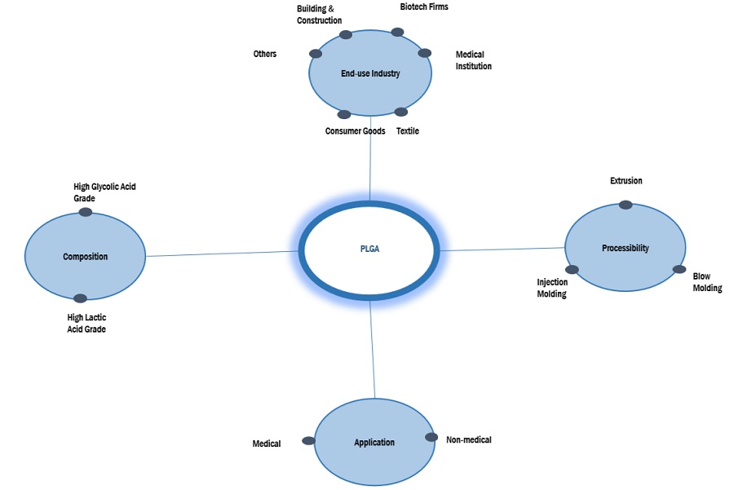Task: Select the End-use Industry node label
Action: [x=370, y=73]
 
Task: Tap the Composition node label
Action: [x=86, y=257]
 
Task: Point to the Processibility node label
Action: [x=626, y=248]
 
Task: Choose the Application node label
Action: [x=374, y=443]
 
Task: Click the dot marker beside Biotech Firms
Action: [x=397, y=33]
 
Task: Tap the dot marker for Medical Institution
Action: [x=424, y=53]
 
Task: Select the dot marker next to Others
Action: [x=316, y=54]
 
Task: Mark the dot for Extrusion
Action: [x=625, y=205]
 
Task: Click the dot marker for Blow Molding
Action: [x=679, y=269]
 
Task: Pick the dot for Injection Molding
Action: [x=572, y=270]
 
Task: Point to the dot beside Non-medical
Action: [x=431, y=437]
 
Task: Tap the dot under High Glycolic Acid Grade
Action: [x=85, y=213]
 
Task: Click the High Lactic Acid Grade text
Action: [x=86, y=323]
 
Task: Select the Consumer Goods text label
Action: [x=355, y=131]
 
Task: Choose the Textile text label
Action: [x=408, y=131]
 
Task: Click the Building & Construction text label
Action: [x=319, y=15]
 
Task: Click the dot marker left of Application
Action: [x=308, y=440]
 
